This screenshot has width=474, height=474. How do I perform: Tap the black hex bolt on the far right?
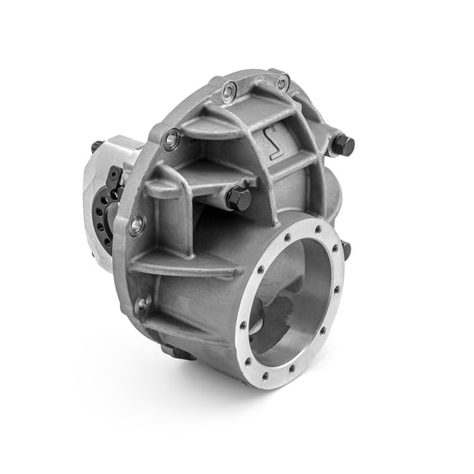[x=343, y=146]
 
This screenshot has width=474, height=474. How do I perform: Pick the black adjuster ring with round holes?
[x=104, y=216]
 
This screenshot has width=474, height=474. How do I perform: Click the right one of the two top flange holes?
[x=282, y=82]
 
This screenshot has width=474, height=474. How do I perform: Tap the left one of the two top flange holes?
[x=230, y=88]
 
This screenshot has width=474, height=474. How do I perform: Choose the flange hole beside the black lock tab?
[x=171, y=140]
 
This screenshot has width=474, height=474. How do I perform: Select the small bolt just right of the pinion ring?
[x=346, y=249]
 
